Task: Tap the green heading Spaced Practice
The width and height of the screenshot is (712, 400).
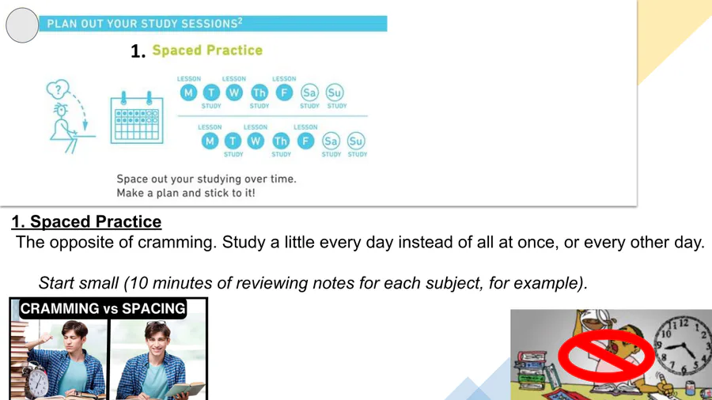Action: pos(207,51)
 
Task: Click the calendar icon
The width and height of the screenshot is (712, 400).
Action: pos(137,118)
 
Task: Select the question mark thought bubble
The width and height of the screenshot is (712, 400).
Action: pos(58,89)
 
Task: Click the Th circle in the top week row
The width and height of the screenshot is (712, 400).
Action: pos(259,93)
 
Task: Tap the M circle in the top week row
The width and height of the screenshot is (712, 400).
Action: pos(188,93)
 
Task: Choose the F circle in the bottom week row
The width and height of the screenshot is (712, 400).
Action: pos(305,141)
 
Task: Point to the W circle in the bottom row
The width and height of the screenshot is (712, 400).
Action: pos(256,141)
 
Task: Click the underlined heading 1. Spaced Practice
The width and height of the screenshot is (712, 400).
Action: pos(86,222)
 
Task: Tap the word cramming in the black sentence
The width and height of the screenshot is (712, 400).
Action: pos(176,243)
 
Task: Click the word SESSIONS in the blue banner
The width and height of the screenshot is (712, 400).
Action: pos(209,24)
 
